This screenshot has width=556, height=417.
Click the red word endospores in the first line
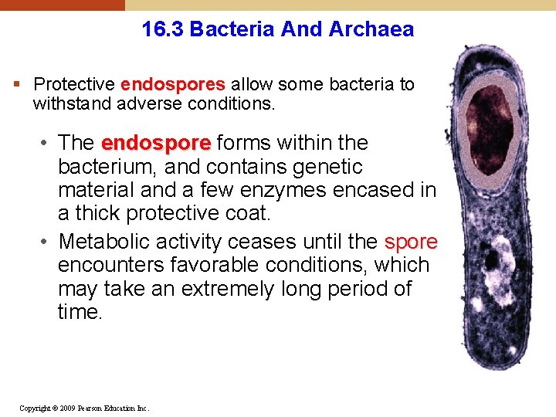click(x=172, y=84)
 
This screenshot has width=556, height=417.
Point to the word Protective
click(x=75, y=84)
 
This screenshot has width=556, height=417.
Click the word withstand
click(x=68, y=103)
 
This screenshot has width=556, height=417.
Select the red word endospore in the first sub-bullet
click(x=155, y=143)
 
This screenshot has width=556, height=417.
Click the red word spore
click(x=411, y=242)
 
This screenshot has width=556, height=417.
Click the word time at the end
click(x=80, y=312)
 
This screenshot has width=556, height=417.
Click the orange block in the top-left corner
click(x=62, y=5)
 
